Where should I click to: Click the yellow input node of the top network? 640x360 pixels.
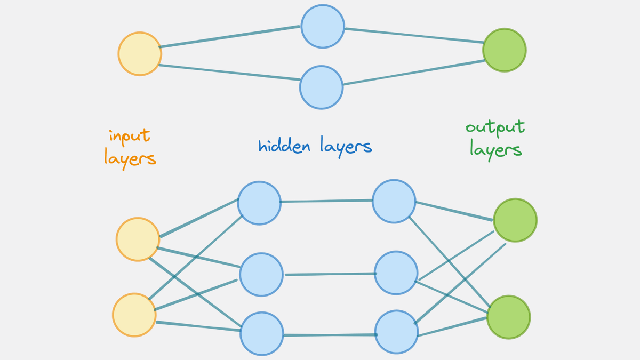[140, 54]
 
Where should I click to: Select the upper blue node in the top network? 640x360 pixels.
[323, 26]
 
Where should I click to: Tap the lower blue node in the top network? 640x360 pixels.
[321, 87]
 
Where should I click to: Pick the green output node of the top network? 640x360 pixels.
[505, 50]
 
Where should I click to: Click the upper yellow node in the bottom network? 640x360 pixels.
[138, 239]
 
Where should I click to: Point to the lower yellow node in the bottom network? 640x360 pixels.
[134, 315]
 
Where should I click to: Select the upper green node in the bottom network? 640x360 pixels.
[515, 220]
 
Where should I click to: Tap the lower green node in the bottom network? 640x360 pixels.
[509, 317]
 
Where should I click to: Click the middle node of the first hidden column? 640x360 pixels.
[261, 274]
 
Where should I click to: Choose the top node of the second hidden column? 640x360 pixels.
[394, 201]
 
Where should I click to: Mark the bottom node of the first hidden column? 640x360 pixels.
[262, 334]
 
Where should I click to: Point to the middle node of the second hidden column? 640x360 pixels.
[396, 273]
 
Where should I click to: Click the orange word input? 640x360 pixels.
[130, 136]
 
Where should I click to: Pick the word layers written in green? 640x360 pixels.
[495, 150]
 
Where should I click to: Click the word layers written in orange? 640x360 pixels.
[130, 158]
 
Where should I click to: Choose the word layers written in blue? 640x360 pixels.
[346, 146]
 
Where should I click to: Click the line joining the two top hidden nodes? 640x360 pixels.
[326, 201]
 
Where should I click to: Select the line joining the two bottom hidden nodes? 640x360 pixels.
[329, 335]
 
